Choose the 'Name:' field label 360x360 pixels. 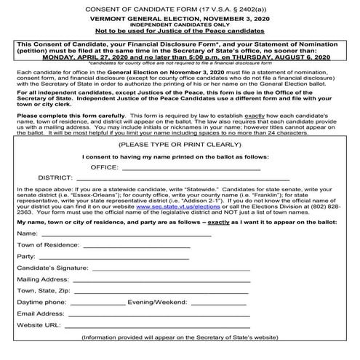27,254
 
